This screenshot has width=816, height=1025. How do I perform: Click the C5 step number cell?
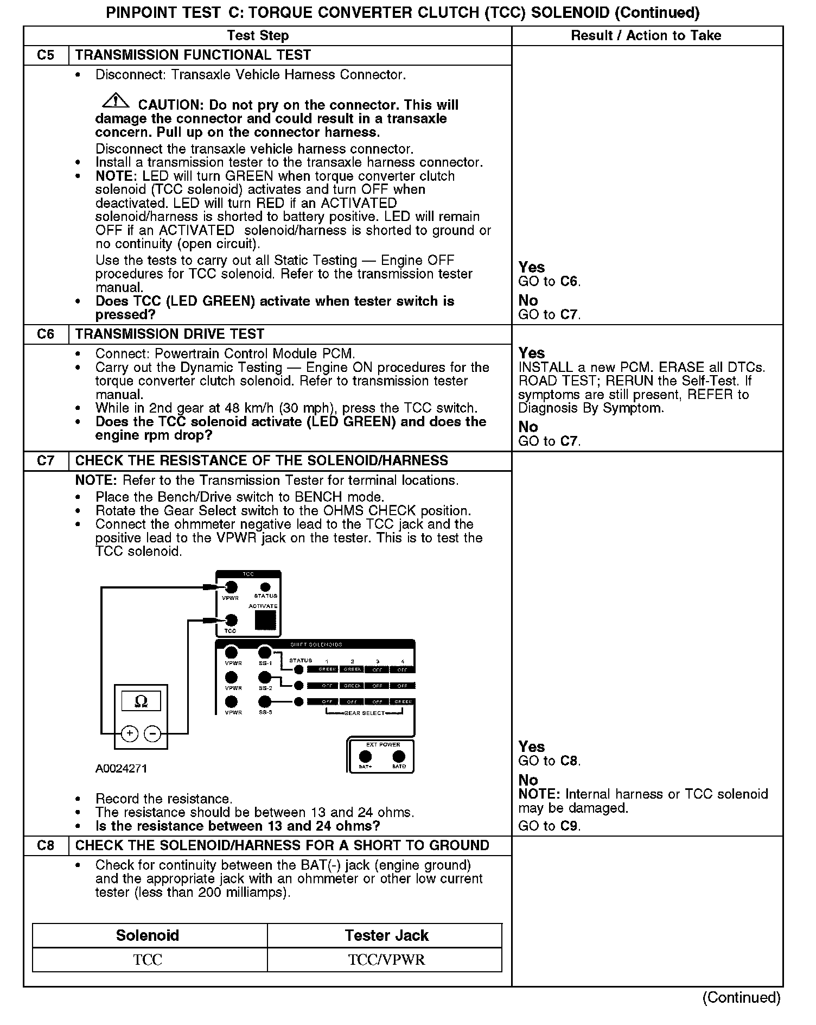[46, 55]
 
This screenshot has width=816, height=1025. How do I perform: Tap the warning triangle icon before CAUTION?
[114, 101]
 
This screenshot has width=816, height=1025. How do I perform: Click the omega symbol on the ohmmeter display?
[141, 701]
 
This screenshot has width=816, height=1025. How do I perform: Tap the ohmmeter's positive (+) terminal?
[129, 734]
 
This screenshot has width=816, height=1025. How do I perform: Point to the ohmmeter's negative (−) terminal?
[153, 734]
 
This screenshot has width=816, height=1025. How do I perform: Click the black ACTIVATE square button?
[265, 620]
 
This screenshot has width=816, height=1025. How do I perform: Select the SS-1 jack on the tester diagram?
[265, 652]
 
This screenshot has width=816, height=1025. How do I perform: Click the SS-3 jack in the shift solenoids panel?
[265, 701]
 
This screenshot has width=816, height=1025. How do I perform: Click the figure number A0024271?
[121, 769]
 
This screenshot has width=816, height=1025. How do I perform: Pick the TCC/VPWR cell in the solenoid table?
[386, 960]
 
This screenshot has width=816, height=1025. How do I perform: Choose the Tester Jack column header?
[386, 935]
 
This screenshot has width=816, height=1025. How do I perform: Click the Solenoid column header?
[148, 935]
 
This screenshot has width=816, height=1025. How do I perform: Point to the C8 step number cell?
[46, 845]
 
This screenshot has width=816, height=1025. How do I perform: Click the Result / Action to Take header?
[646, 36]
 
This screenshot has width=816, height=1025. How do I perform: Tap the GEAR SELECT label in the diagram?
[365, 713]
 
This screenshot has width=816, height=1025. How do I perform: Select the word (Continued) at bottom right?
[741, 997]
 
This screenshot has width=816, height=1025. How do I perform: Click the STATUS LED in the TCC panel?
[265, 587]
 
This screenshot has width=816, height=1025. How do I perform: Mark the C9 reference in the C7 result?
[570, 826]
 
